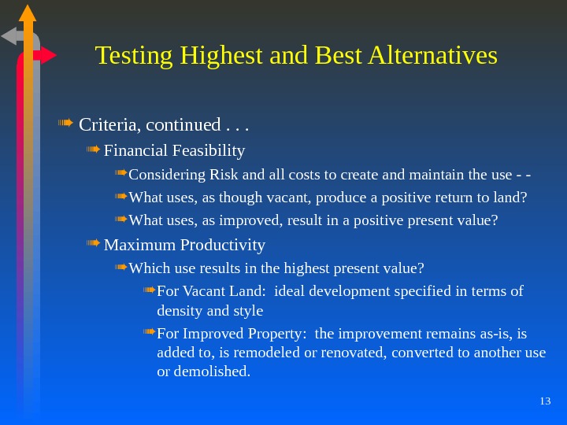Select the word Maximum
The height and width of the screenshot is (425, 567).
(135, 245)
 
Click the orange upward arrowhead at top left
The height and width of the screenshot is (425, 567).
(28, 13)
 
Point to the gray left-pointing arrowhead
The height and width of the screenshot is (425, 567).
(9, 36)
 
